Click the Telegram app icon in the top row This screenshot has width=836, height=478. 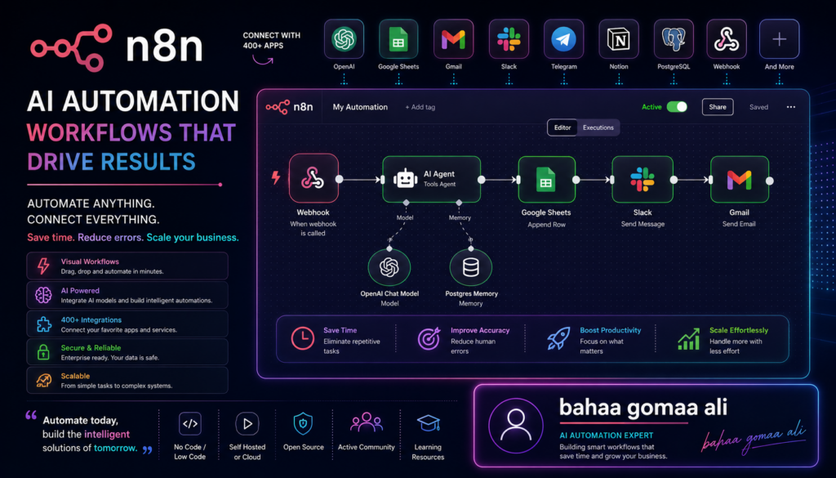tap(563, 39)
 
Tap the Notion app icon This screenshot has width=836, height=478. tap(619, 39)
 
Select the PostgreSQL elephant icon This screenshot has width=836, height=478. tap(674, 39)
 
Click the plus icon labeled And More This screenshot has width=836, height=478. tap(779, 39)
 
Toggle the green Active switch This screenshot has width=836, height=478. tap(677, 107)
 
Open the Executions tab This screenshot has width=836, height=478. tap(598, 127)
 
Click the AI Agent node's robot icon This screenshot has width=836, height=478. tap(405, 179)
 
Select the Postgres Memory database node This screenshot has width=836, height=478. tap(471, 267)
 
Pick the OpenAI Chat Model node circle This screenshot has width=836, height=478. tap(389, 267)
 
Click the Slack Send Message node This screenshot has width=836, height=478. tap(643, 179)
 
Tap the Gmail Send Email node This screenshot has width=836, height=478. tap(740, 179)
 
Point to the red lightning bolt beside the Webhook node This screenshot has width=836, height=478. tap(276, 177)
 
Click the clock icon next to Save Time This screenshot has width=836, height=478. tap(303, 339)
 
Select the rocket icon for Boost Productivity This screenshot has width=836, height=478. tap(558, 339)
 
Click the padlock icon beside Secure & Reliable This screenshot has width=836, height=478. tap(43, 352)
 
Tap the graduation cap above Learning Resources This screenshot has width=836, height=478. tap(428, 423)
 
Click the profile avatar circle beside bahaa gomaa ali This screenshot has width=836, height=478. tap(516, 426)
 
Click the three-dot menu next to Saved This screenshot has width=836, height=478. tap(790, 107)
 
